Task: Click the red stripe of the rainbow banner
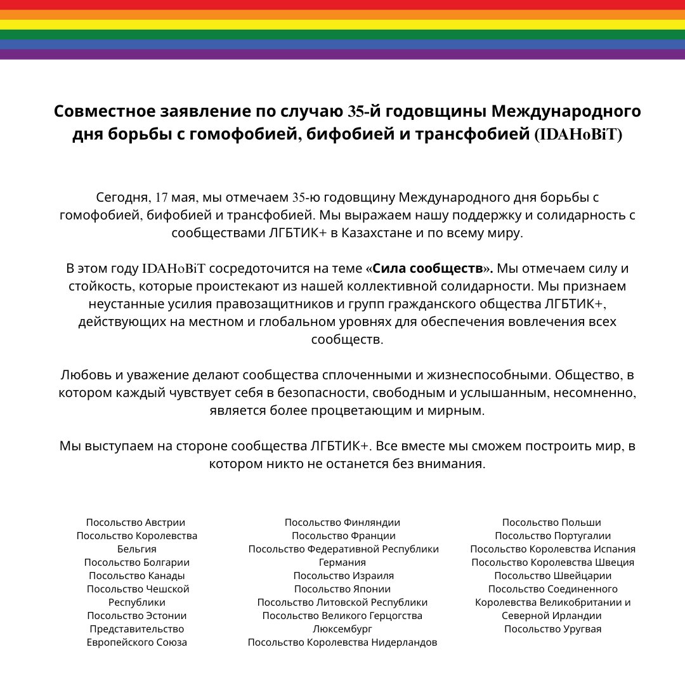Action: tap(342, 4)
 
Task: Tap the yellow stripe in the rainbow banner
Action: tap(342, 25)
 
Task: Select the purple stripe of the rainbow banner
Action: tap(342, 55)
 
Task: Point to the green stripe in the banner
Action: tap(342, 34)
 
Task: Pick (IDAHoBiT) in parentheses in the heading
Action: tap(578, 135)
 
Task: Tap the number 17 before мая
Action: tap(162, 197)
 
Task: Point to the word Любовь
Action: tap(83, 374)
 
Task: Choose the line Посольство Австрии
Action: tap(136, 523)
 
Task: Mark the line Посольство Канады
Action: tap(137, 576)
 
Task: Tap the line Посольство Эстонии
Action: tap(137, 616)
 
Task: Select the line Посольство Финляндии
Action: tap(342, 523)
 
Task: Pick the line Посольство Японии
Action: tap(342, 589)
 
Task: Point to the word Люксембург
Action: tap(342, 629)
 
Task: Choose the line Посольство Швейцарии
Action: tap(552, 576)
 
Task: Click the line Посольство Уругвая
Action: tap(552, 629)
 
